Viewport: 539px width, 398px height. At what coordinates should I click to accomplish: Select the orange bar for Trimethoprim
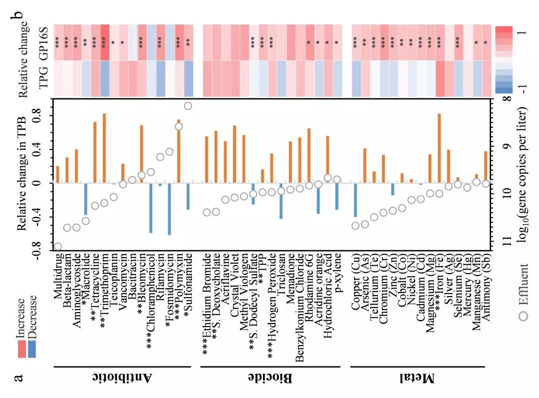pyautogui.click(x=104, y=148)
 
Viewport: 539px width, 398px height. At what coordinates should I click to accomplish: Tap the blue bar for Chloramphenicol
pyautogui.click(x=151, y=208)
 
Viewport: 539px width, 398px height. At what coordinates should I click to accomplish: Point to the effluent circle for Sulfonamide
pyautogui.click(x=188, y=106)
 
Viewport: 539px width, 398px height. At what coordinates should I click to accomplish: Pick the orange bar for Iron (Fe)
pyautogui.click(x=439, y=148)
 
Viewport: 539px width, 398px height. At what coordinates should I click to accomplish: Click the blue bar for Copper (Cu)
pyautogui.click(x=355, y=200)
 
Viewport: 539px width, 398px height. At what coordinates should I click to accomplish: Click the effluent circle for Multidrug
pyautogui.click(x=58, y=246)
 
